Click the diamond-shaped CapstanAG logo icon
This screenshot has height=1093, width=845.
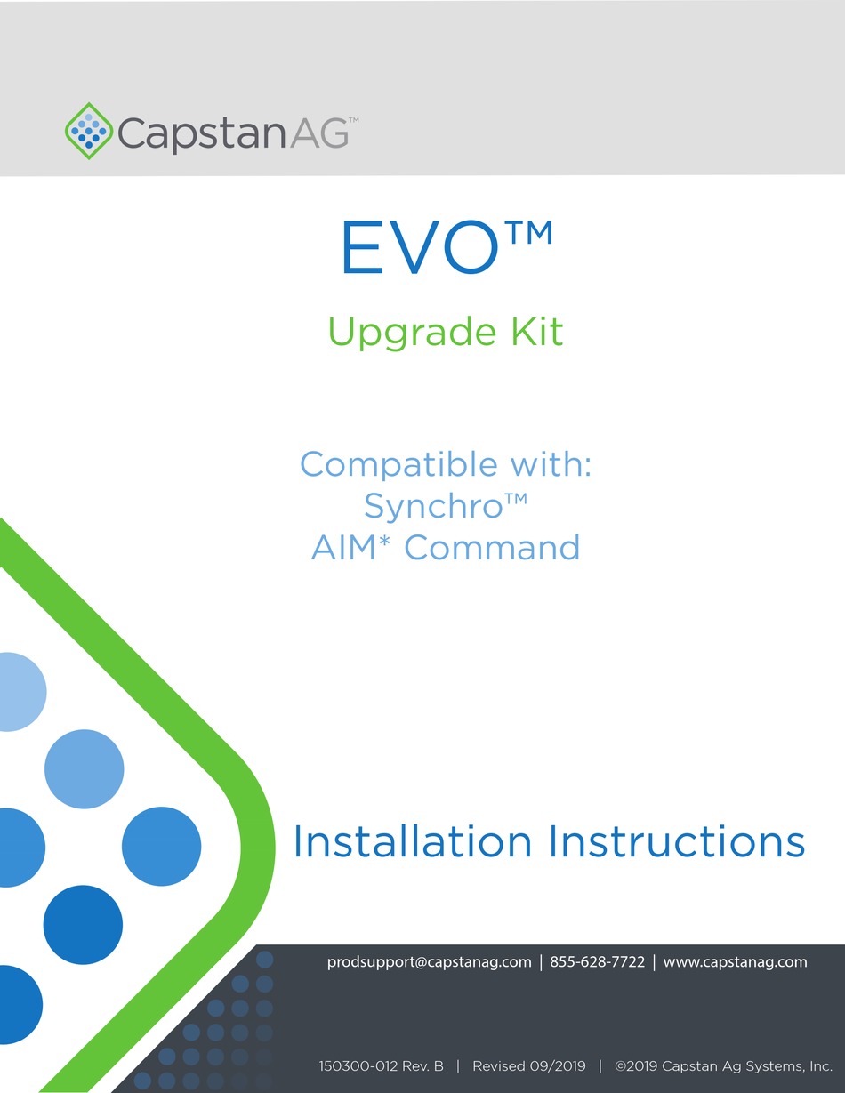point(89,131)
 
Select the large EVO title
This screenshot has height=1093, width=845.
point(417,250)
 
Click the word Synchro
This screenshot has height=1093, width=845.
point(433,506)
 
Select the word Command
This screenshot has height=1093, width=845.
point(492,547)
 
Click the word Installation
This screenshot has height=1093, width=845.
point(413,841)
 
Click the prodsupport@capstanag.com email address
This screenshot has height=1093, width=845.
point(430,961)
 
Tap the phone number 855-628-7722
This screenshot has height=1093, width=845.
point(598,961)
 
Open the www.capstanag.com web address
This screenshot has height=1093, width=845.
point(736,961)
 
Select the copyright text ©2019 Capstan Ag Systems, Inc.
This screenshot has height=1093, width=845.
point(723,1065)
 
